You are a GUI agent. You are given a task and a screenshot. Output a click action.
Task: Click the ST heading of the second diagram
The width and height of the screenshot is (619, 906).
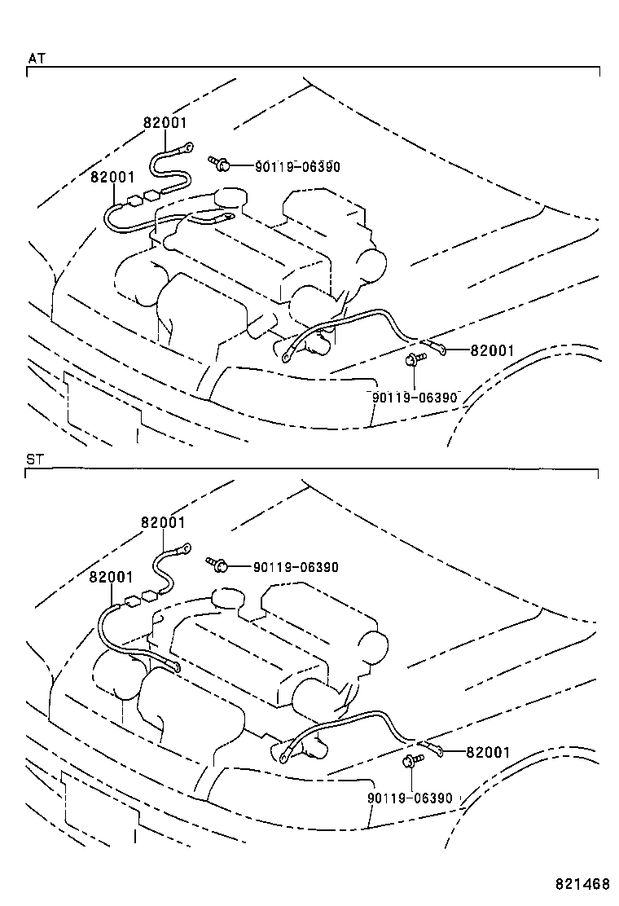pos(35,460)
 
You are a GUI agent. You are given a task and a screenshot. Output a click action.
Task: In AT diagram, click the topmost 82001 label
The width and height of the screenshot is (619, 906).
pos(165,123)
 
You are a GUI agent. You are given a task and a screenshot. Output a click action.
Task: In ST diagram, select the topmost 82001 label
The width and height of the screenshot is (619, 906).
pos(163,523)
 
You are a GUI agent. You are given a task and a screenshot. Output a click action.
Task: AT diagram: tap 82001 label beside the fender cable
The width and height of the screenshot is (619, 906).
pos(492,350)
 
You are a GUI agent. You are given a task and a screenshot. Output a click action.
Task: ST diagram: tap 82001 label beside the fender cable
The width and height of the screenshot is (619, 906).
pos(487,752)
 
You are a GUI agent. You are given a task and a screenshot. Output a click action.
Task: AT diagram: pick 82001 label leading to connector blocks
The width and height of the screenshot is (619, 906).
pos(112,177)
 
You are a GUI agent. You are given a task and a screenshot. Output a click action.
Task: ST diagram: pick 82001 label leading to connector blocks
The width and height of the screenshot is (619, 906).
pos(111,577)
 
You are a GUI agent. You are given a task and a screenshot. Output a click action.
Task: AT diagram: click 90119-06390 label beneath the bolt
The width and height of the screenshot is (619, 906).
pos(415,397)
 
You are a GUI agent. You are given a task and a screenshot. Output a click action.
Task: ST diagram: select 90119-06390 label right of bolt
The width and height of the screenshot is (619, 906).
pos(295,567)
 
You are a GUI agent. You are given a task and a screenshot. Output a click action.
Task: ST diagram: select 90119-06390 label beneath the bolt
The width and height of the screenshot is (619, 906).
pos(409,798)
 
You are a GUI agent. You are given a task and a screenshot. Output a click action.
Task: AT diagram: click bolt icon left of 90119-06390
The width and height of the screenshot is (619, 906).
pos(218,165)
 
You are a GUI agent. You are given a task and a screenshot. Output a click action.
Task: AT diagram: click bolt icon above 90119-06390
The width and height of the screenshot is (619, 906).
pos(413,359)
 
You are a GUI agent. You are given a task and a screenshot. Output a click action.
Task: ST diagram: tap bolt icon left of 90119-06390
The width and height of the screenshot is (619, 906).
pos(217,565)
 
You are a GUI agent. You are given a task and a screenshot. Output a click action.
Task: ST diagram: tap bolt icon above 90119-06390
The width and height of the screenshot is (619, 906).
pos(410,762)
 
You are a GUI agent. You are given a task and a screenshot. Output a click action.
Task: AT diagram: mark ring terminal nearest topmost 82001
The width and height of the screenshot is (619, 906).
pos(187,148)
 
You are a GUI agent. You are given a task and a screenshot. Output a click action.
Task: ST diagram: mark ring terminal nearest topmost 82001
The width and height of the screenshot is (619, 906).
pos(184,548)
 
